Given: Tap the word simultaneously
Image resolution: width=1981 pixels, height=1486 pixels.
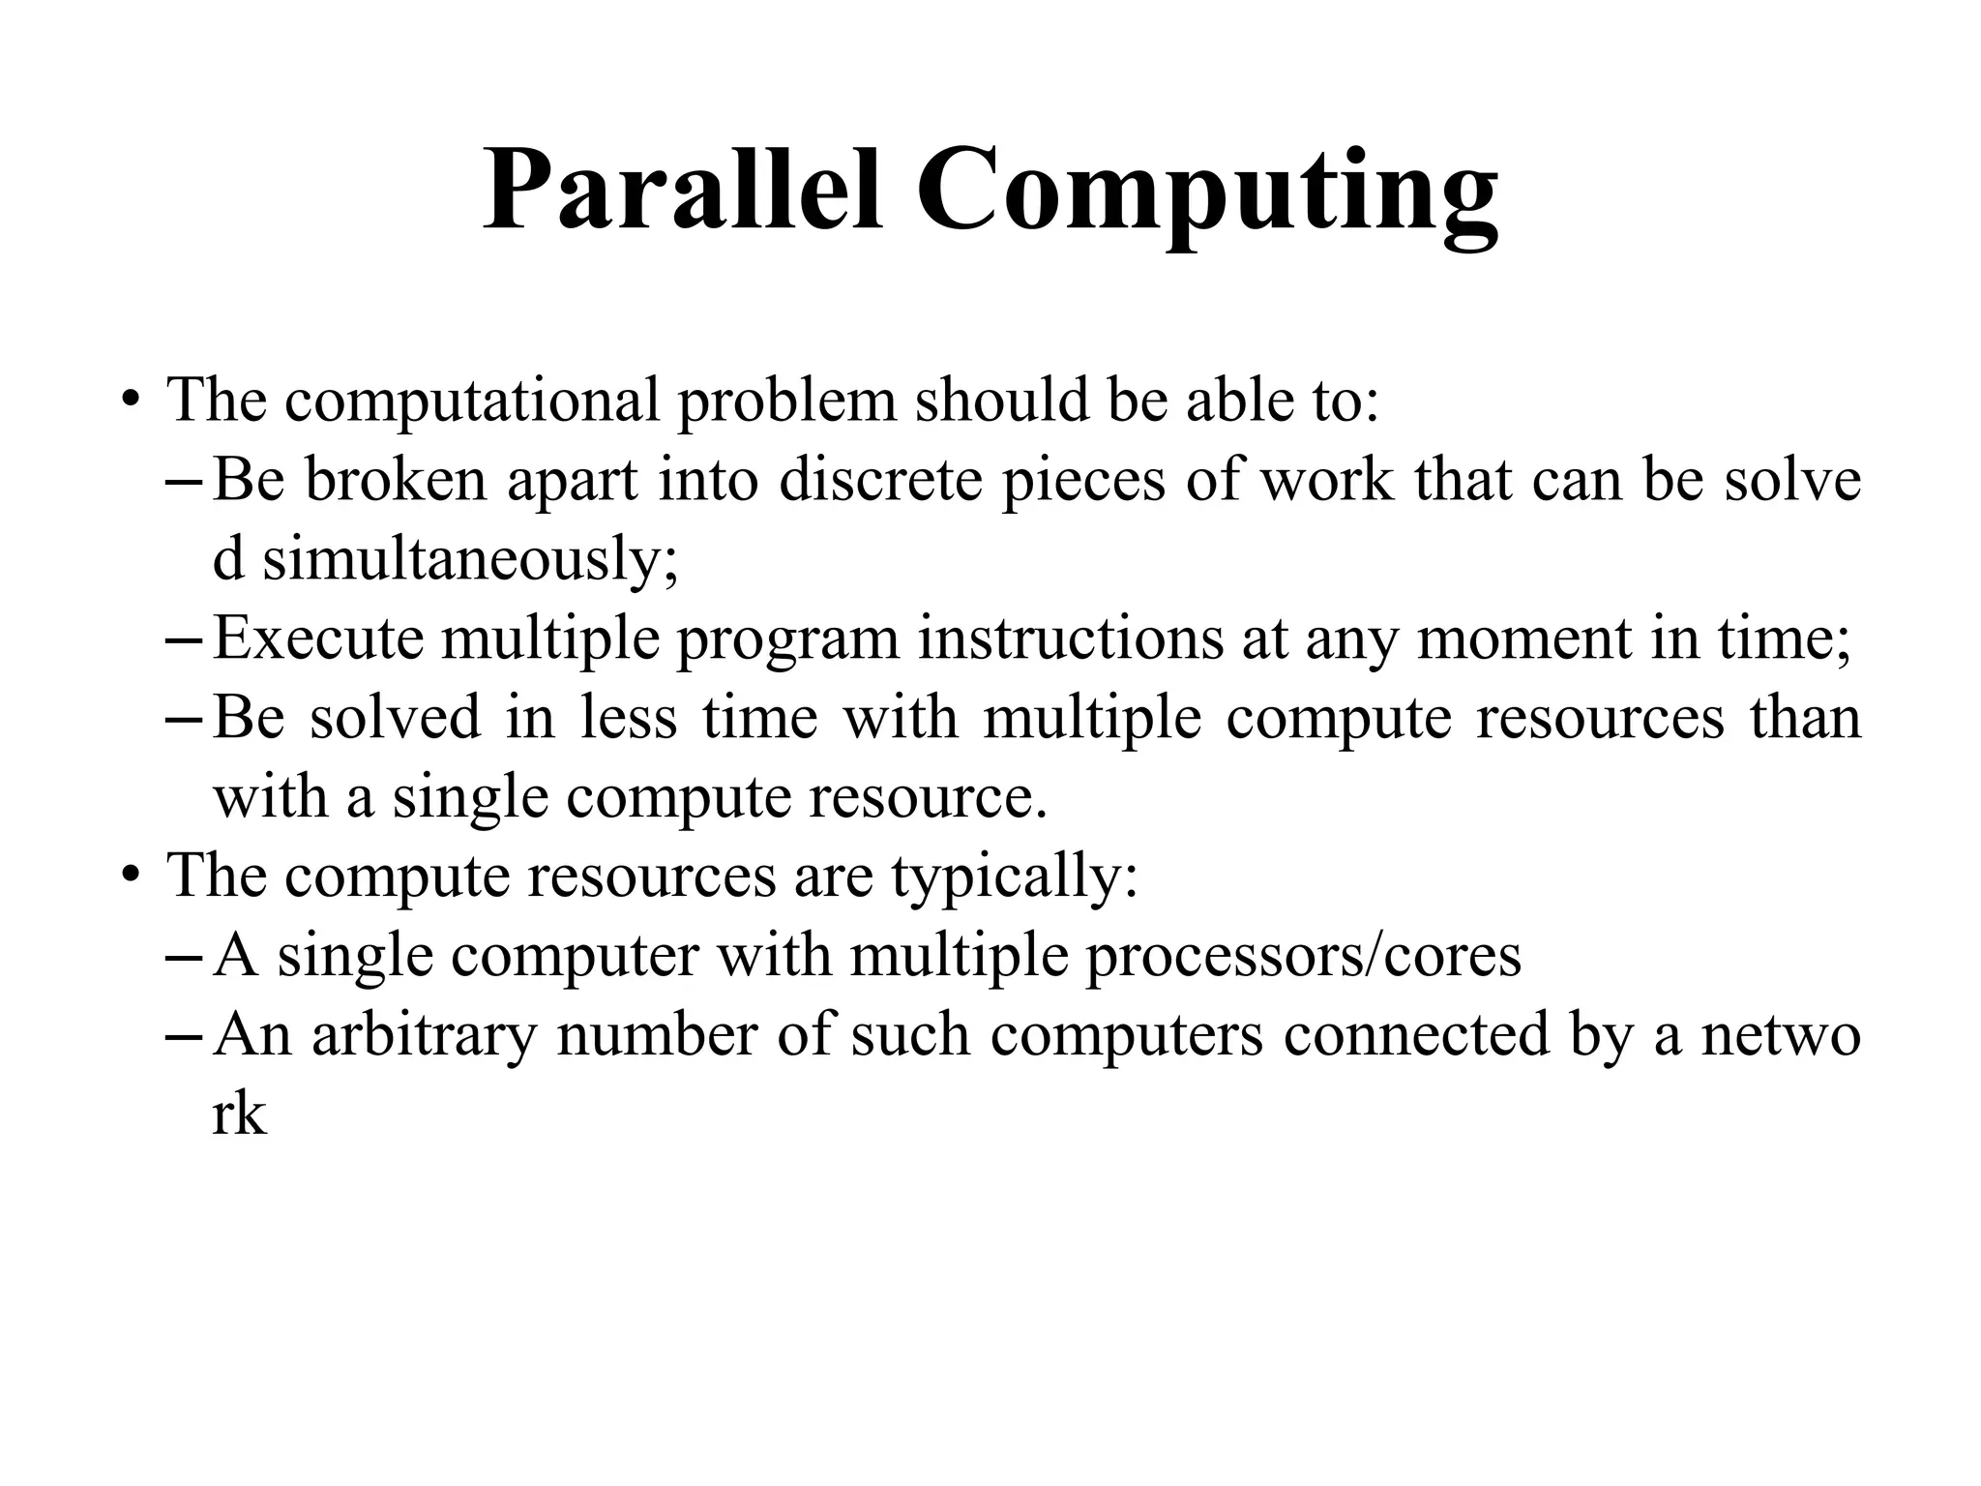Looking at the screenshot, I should coord(470,560).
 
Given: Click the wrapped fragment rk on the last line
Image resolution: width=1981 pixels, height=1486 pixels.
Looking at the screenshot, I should coord(238,1114).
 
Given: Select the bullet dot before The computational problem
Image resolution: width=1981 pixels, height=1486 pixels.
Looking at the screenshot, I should coord(130,401).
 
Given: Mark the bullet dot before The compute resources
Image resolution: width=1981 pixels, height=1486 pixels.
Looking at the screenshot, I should coord(130,877).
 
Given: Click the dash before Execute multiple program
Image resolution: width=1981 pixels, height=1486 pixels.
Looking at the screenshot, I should coord(184,640).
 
